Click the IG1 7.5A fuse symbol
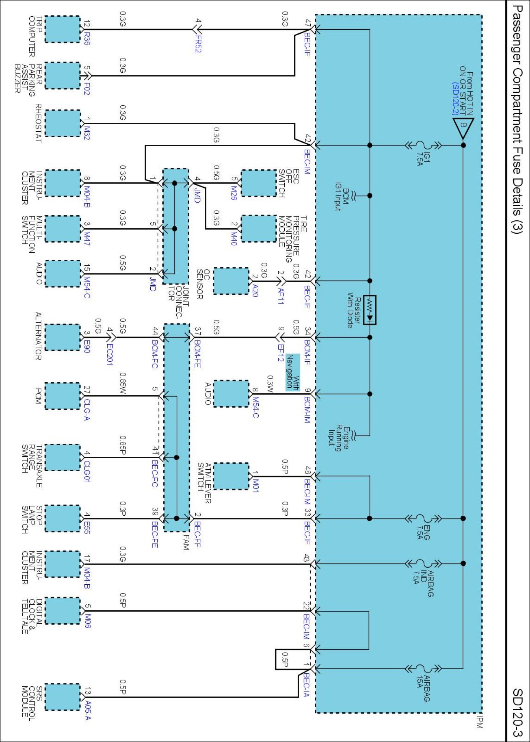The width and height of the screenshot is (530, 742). click(423, 145)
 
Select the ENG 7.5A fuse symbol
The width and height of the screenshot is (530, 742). click(423, 518)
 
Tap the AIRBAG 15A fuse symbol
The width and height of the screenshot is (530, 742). click(423, 669)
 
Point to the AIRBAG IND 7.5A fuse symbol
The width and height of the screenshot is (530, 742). click(423, 564)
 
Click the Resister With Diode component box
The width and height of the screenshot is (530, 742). click(370, 310)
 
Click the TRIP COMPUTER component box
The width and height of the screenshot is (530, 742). click(62, 29)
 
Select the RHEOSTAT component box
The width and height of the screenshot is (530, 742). click(62, 123)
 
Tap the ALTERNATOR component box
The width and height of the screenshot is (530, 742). click(62, 337)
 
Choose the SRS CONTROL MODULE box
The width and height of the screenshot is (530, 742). click(62, 697)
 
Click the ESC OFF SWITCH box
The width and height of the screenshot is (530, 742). click(259, 183)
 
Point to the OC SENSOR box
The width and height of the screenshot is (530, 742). click(231, 281)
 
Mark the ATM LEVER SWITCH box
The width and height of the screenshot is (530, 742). click(231, 476)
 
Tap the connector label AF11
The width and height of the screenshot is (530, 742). click(281, 296)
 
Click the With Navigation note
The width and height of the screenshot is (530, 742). click(292, 372)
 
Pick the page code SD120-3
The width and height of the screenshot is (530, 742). click(517, 712)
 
